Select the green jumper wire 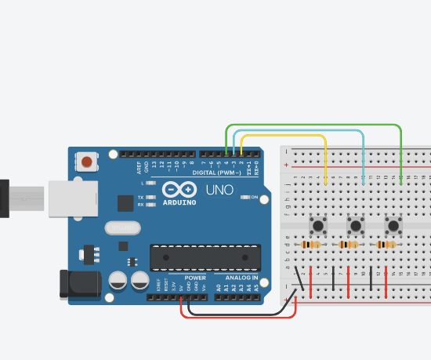(313, 125)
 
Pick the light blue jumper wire (298, 130)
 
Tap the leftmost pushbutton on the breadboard (319, 226)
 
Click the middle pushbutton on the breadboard (356, 226)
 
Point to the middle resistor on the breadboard (349, 245)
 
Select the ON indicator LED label (254, 198)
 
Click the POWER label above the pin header (196, 278)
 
